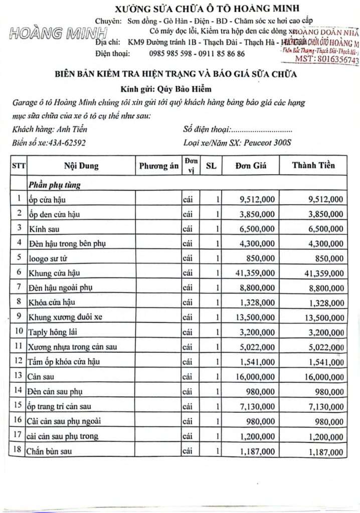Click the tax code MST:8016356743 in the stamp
click(x=327, y=60)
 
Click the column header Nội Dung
click(x=81, y=166)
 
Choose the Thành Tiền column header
click(x=313, y=166)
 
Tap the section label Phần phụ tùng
click(x=55, y=185)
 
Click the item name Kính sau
click(x=43, y=228)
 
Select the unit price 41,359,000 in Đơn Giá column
click(x=254, y=273)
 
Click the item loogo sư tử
click(x=49, y=258)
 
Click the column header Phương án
click(x=159, y=166)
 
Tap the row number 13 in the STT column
click(x=18, y=375)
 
